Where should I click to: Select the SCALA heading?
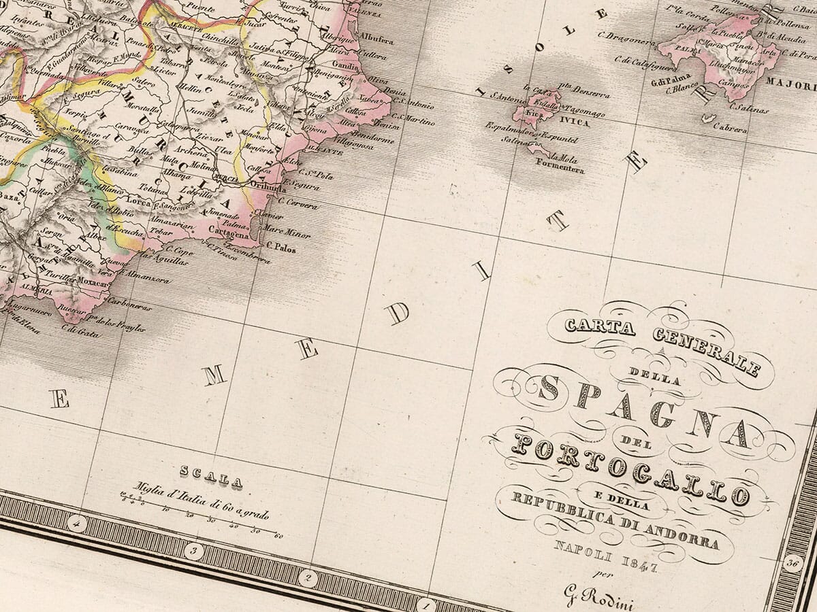point(210,477)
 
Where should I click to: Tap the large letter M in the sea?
point(215,375)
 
